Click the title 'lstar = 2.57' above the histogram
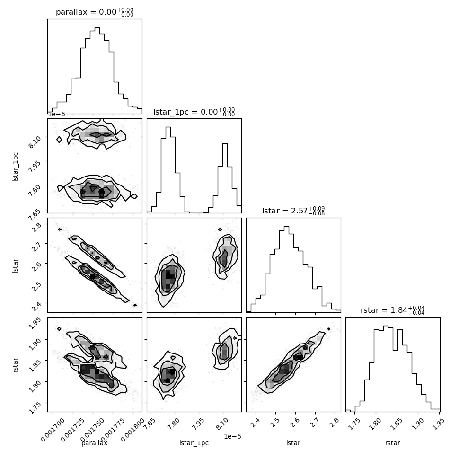coord(293,211)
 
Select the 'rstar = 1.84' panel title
coord(393,310)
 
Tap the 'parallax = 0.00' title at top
coord(95,12)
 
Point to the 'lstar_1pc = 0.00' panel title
coord(194,112)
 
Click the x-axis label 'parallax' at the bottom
coord(94,443)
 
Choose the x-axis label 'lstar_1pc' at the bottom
coord(194,443)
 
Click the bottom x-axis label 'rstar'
coord(393,443)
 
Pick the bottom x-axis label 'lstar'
coord(293,443)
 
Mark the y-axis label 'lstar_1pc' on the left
coord(15,167)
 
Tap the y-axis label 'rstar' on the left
coord(15,365)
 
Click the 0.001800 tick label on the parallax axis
coord(132,430)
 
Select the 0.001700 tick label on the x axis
coord(53,430)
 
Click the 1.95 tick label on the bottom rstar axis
coord(438,424)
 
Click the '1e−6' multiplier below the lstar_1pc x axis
coord(232,436)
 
